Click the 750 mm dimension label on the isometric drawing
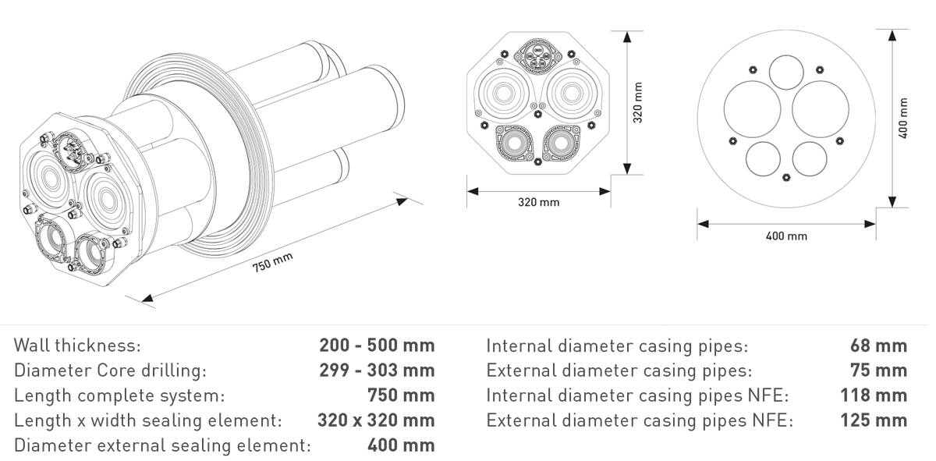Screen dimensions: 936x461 [272, 262]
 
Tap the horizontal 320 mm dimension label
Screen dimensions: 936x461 [539, 202]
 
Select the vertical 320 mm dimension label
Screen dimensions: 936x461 [638, 102]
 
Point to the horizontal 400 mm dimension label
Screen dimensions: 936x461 [786, 236]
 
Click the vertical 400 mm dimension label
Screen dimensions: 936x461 [903, 119]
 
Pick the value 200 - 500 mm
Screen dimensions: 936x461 [377, 346]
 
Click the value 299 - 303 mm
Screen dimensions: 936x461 [377, 371]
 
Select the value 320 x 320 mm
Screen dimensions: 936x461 [376, 420]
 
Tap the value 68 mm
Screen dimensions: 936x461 [878, 346]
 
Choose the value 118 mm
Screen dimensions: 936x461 [874, 395]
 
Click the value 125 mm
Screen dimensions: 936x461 [874, 420]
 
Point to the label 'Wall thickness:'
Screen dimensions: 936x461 [77, 346]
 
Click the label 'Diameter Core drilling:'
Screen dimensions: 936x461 [110, 371]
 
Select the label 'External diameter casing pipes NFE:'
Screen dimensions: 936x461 [640, 420]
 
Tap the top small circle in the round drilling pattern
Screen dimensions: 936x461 [786, 73]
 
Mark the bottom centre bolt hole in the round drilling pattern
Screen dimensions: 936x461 [786, 177]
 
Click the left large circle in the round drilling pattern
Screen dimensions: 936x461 [752, 109]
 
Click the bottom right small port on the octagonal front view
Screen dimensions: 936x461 [561, 144]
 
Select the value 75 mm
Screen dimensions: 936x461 [878, 371]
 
